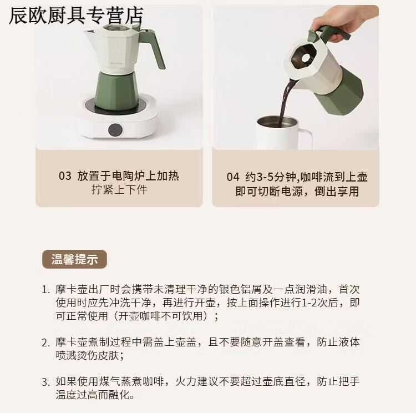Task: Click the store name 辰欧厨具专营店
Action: [76, 16]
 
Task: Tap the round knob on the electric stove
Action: [115, 130]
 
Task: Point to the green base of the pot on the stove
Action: [116, 90]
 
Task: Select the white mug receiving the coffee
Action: [283, 133]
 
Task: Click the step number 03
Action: [65, 176]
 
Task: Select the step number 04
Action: [233, 177]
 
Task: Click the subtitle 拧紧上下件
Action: [119, 190]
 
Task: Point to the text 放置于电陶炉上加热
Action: [128, 176]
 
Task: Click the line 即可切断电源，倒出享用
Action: [297, 191]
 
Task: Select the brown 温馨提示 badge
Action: [74, 259]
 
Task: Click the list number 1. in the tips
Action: [45, 290]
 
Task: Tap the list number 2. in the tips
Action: [45, 343]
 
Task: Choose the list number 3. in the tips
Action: [45, 382]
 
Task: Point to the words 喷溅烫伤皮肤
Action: [87, 355]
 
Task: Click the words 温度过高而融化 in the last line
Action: [93, 395]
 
